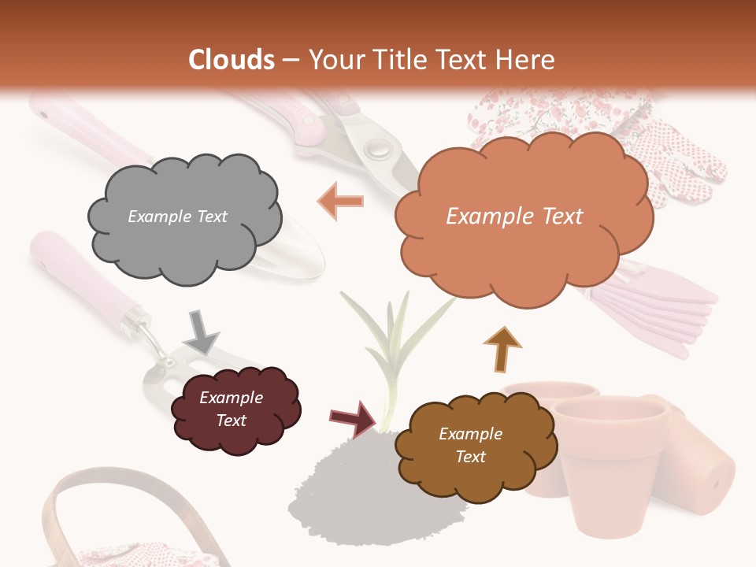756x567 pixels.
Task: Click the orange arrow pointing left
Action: coord(341,201)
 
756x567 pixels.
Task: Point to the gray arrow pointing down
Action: coord(201,332)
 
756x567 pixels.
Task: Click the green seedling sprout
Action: coord(394,346)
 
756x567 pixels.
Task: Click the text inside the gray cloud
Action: coord(177,217)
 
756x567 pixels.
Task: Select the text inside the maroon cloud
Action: coord(231,409)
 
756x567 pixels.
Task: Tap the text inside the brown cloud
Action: coord(470,445)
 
